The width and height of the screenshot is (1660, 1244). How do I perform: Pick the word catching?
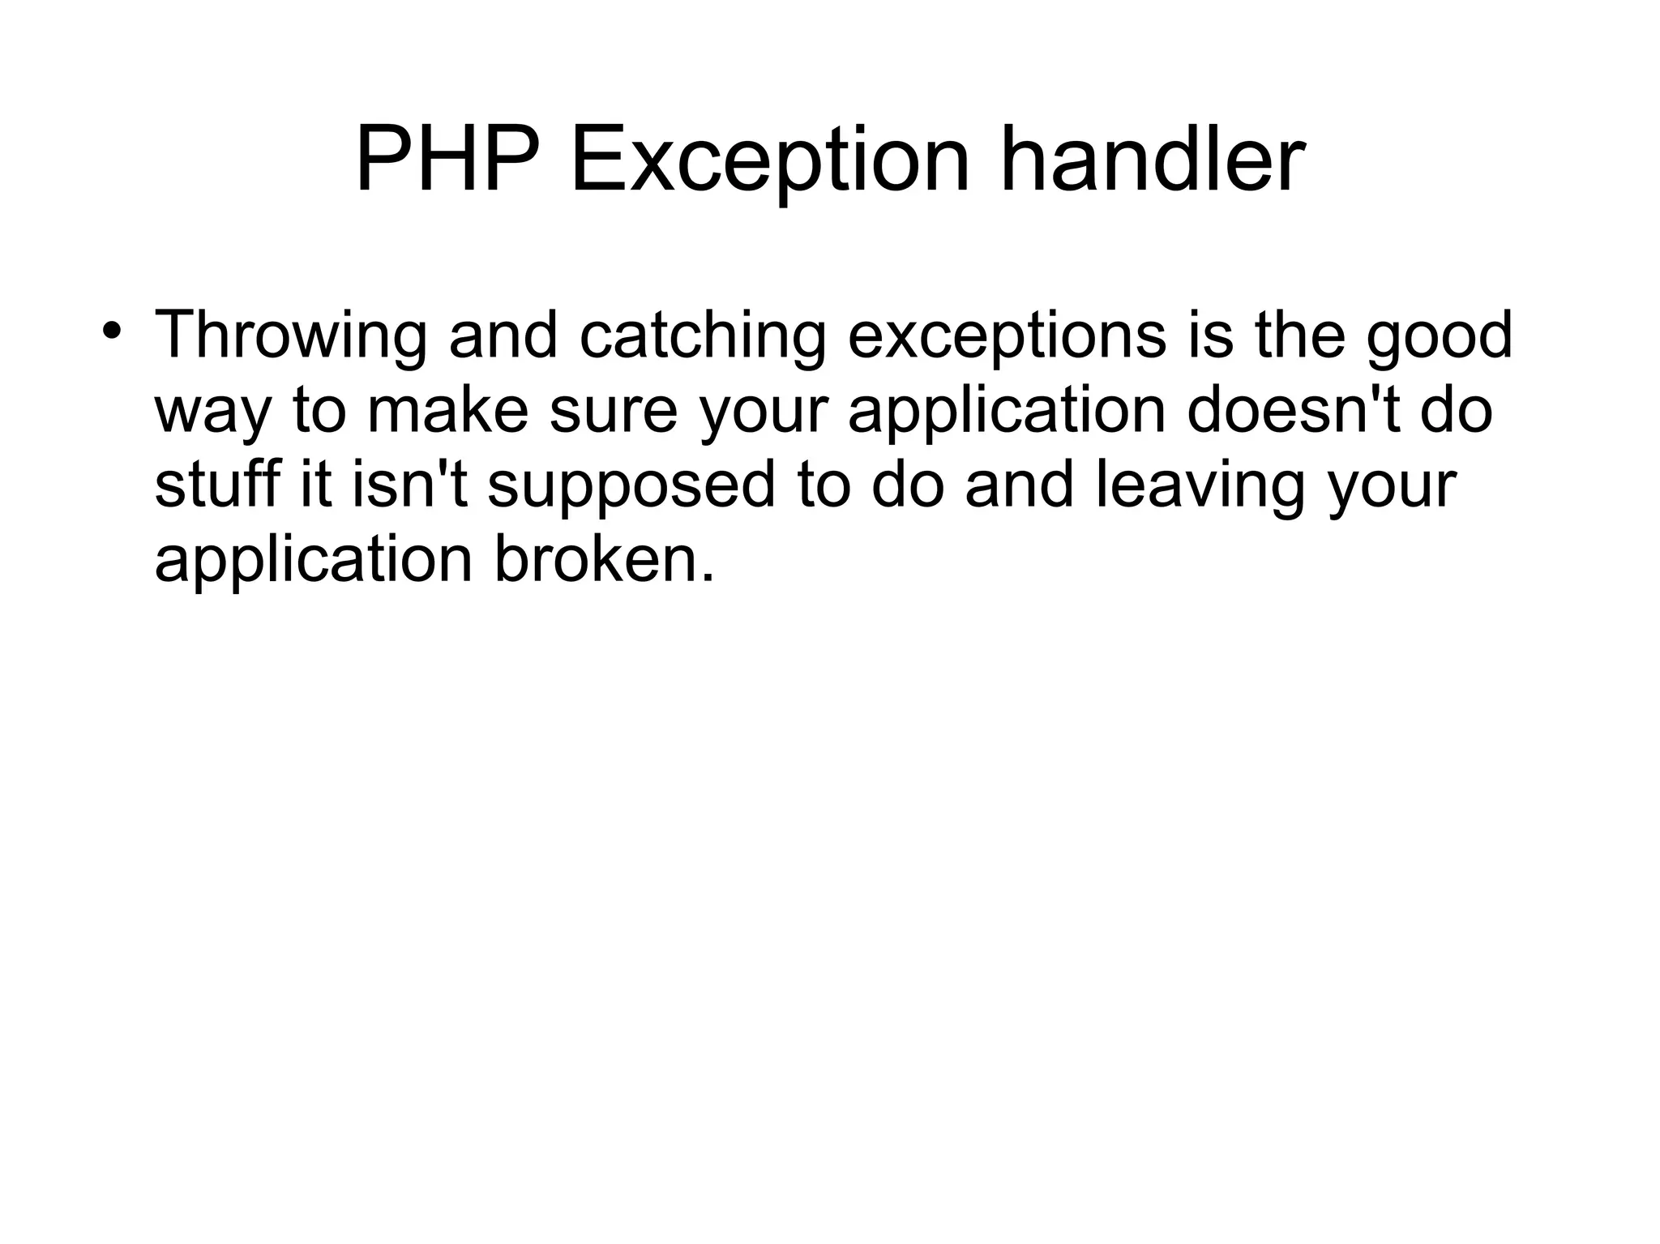tap(703, 336)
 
